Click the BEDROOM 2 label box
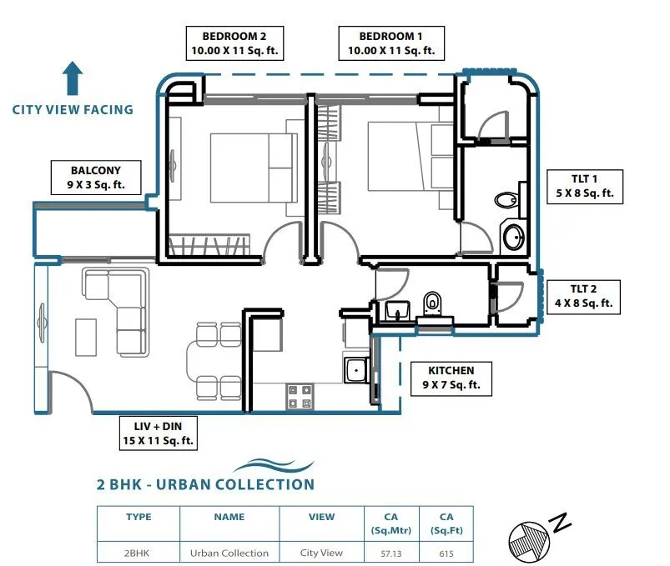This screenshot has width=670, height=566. click(x=234, y=43)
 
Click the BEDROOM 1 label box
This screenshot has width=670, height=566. click(x=390, y=43)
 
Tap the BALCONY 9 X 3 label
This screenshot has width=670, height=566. click(x=95, y=177)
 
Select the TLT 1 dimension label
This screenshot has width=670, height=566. click(x=584, y=185)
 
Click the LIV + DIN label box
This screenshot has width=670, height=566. click(x=159, y=433)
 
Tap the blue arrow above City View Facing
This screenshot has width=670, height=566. click(x=73, y=79)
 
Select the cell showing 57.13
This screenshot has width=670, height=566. click(x=390, y=553)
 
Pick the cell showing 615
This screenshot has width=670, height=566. click(x=446, y=553)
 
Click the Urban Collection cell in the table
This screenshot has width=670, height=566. click(x=229, y=553)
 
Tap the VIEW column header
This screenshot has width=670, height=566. click(x=321, y=517)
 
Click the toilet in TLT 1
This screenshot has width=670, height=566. click(x=506, y=199)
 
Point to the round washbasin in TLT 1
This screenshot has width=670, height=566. click(x=514, y=236)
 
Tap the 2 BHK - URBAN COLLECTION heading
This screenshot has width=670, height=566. click(x=206, y=484)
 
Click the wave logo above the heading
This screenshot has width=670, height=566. click(x=274, y=465)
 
